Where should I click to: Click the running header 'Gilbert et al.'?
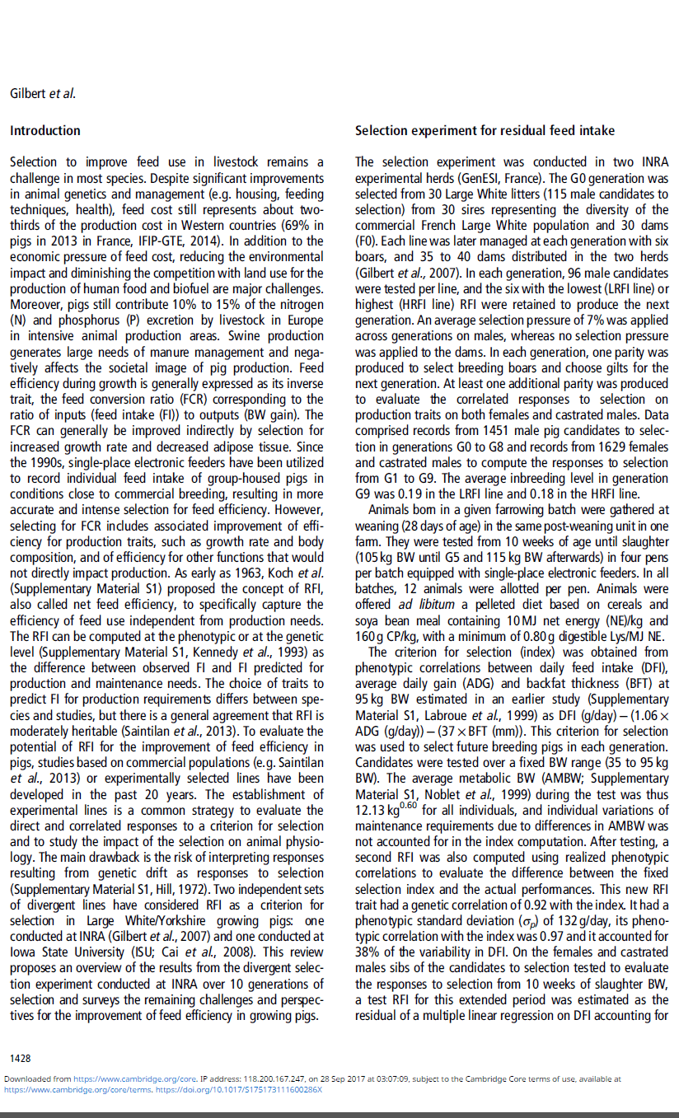point(43,93)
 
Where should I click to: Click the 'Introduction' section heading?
point(45,131)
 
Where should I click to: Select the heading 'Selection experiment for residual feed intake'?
point(485,131)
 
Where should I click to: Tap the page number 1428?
point(21,1056)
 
